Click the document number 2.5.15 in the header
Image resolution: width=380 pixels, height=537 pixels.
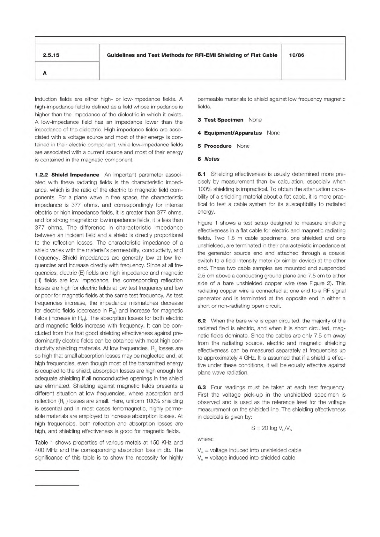51,55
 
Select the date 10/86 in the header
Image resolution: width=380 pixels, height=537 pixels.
296,55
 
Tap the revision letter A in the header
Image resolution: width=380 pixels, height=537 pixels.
45,73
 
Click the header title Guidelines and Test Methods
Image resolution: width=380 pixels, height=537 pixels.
192,55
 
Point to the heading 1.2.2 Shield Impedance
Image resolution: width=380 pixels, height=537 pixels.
67,175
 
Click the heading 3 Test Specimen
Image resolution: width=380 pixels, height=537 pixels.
220,120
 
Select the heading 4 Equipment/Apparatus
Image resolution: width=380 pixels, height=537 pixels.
229,133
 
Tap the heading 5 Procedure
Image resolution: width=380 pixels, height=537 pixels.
214,146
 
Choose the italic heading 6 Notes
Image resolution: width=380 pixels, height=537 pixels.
208,159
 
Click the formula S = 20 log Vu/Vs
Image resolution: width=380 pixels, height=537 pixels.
272,428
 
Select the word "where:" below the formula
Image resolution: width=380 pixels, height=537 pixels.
205,439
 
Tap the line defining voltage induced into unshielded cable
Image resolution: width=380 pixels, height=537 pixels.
249,450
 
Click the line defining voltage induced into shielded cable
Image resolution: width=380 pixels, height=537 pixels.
246,458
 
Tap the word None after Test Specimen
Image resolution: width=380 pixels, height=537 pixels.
255,120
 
